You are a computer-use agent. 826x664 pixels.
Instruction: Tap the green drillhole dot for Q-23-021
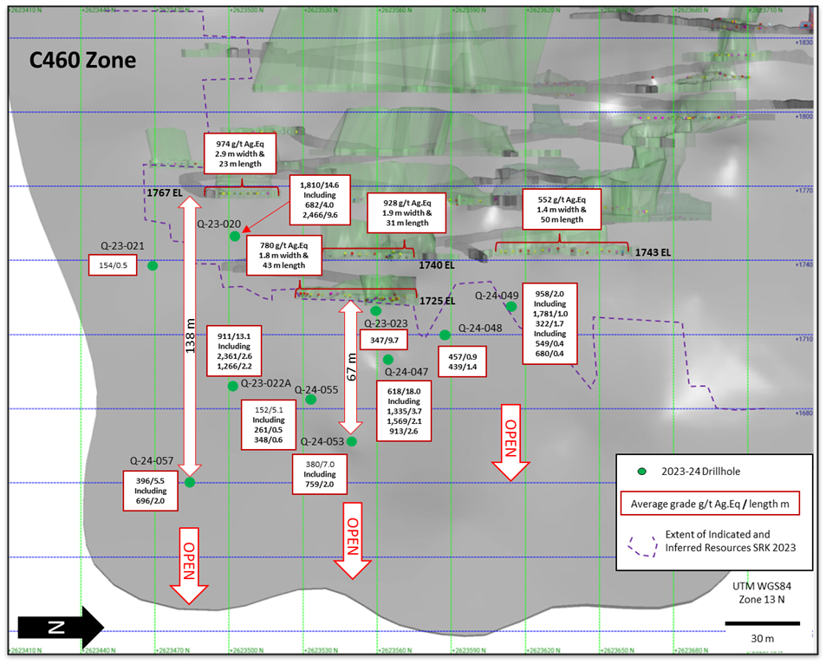tap(153, 266)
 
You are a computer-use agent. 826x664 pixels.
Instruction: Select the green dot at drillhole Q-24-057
tap(190, 482)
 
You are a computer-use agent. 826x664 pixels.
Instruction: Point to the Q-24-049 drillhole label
tap(497, 296)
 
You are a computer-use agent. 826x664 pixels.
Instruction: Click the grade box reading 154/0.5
tap(113, 265)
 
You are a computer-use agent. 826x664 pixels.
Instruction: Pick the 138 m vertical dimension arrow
tap(191, 329)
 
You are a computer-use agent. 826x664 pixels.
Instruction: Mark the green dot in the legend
tap(642, 472)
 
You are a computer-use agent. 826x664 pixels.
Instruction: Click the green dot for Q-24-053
tap(352, 441)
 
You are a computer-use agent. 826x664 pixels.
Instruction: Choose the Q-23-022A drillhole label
tap(265, 383)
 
